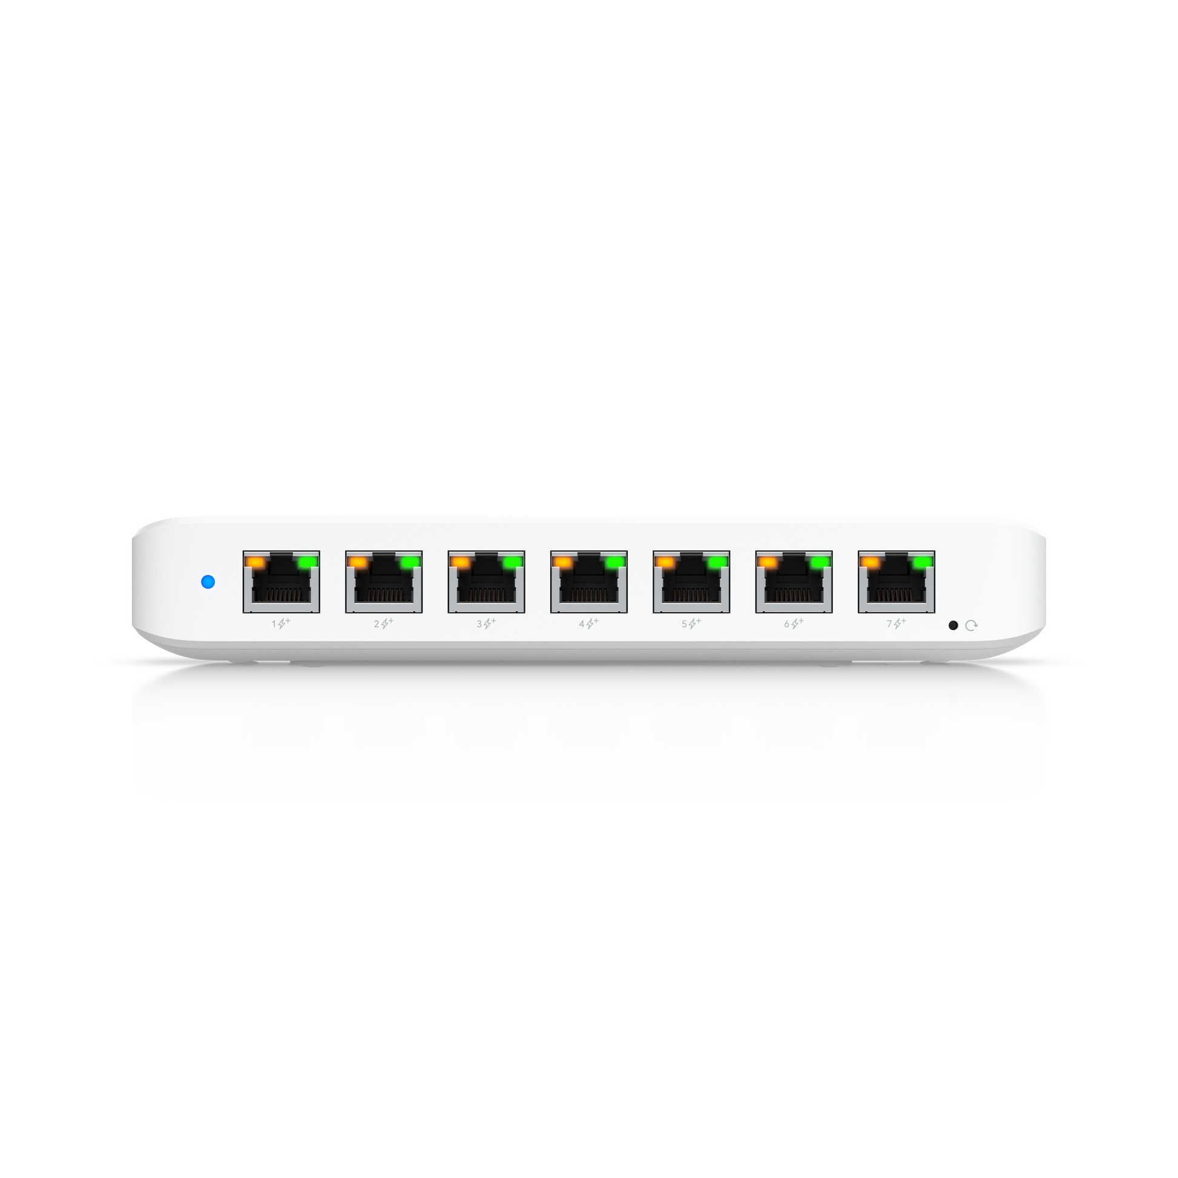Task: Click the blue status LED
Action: (x=208, y=582)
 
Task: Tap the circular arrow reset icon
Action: (x=972, y=625)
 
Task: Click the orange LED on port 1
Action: (x=255, y=562)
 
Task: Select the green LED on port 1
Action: (x=308, y=562)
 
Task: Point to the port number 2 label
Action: (x=377, y=624)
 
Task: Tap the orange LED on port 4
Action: (x=563, y=562)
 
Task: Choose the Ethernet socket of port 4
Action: (x=589, y=582)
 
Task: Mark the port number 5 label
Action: (x=684, y=624)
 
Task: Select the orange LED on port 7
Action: (x=870, y=562)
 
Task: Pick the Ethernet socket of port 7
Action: (x=897, y=582)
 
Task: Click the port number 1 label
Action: (x=274, y=624)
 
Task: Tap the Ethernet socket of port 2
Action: (x=384, y=582)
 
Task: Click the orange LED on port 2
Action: (x=358, y=562)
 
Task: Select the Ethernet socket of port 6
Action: (x=794, y=582)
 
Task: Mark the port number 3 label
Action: (x=479, y=624)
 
